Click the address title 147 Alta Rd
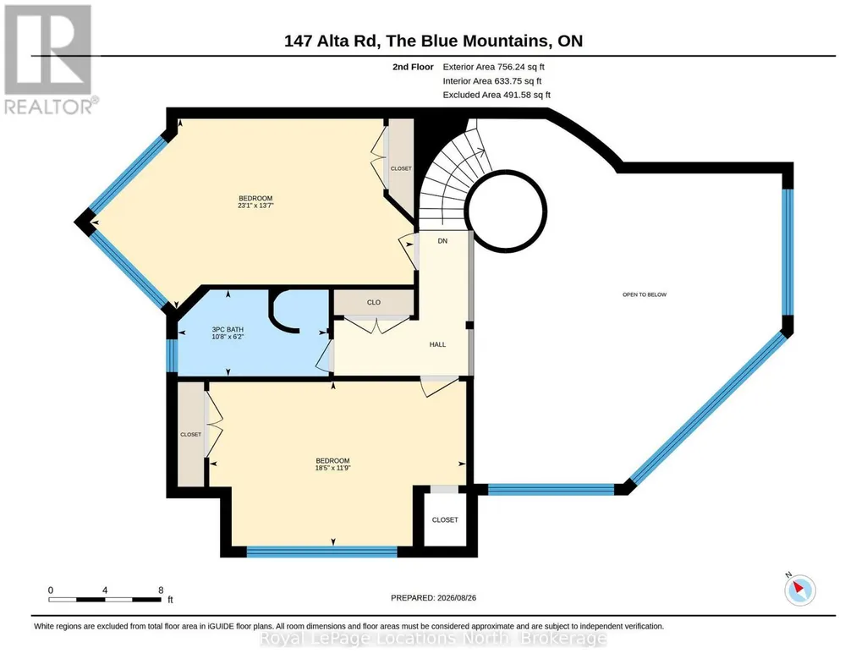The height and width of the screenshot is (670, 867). [331, 41]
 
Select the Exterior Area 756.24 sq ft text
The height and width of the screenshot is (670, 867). [493, 67]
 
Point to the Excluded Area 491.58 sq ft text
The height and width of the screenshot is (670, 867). [497, 95]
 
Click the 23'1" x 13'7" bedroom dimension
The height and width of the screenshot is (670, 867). [255, 206]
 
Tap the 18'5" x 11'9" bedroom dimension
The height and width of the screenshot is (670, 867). [333, 468]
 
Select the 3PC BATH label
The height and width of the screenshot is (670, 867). [228, 329]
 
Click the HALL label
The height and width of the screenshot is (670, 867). [437, 344]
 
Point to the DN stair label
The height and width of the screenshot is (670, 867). [442, 241]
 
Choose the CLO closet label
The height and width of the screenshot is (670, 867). [374, 302]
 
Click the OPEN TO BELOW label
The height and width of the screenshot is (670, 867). [645, 294]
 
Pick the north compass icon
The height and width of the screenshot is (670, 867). [799, 590]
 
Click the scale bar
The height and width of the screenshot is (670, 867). [105, 599]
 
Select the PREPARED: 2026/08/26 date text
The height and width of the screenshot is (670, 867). [433, 597]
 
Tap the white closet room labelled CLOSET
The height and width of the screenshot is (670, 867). [445, 519]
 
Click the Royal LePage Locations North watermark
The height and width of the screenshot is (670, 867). [433, 639]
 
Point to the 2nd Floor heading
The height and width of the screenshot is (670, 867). [413, 67]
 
